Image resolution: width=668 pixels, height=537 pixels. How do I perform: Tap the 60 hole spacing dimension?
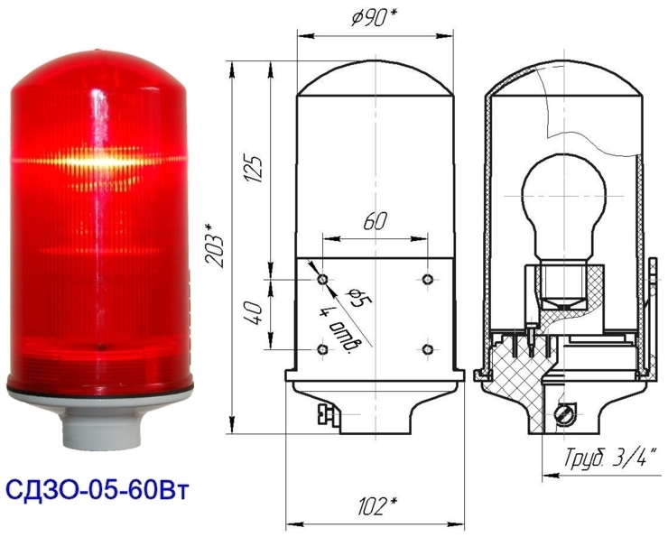tap(375, 222)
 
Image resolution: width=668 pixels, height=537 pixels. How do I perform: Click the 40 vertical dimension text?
tap(255, 313)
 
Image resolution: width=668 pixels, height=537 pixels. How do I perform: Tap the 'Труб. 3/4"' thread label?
tap(609, 458)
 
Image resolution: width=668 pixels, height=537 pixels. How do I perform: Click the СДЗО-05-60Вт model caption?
tap(97, 491)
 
